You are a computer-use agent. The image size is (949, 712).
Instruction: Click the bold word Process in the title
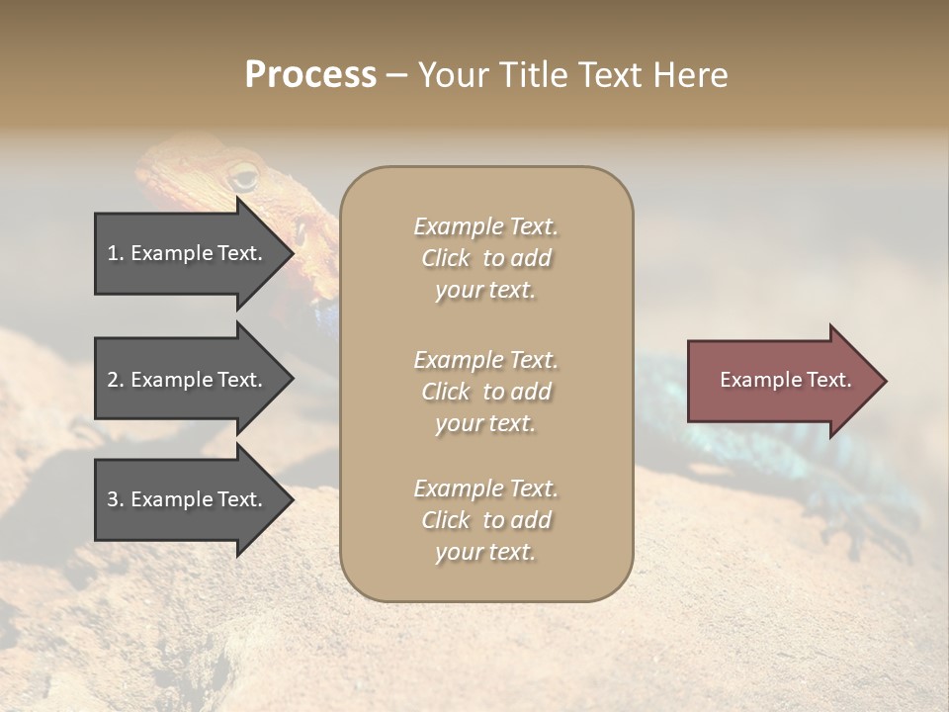click(x=310, y=75)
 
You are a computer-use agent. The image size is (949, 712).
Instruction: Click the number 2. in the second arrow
click(x=116, y=380)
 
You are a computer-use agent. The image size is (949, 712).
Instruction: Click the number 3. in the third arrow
click(x=116, y=499)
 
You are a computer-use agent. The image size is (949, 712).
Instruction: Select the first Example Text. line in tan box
click(x=485, y=226)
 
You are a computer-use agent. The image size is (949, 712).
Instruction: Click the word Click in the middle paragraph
click(x=446, y=392)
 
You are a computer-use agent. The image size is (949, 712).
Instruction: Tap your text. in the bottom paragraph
click(x=485, y=552)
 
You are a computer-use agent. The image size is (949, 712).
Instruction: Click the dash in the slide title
click(x=397, y=75)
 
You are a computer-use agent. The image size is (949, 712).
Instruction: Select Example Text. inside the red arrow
click(x=785, y=380)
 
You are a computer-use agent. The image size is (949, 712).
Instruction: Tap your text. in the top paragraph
click(x=485, y=291)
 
